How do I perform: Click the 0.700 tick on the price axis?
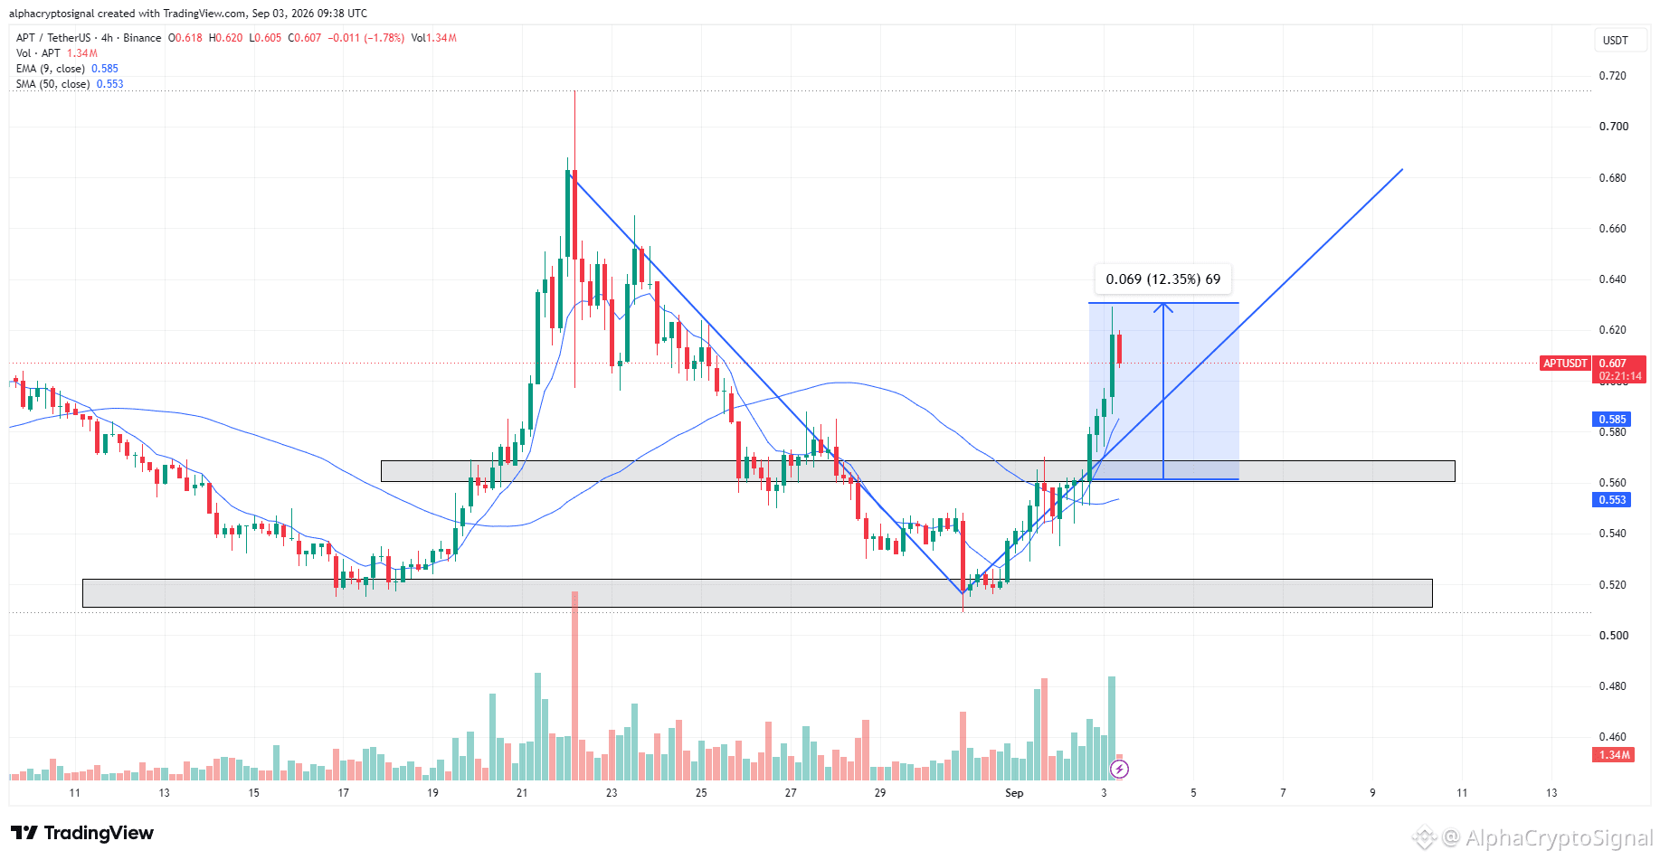coord(1613,127)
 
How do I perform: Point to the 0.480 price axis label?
coord(1613,686)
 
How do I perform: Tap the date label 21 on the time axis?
coord(522,793)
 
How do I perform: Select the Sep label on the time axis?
coord(1014,793)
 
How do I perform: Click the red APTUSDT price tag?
coord(1565,364)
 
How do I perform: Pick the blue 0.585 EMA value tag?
coord(1611,420)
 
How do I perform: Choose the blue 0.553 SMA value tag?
coord(1611,500)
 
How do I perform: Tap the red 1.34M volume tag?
coord(1613,755)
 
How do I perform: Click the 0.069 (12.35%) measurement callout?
coord(1163,279)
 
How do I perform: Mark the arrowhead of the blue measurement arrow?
coord(1163,305)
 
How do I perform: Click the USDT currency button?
coord(1616,41)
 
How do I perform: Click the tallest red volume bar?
coord(574,685)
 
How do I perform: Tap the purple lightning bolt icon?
coord(1119,770)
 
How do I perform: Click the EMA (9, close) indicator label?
coord(51,69)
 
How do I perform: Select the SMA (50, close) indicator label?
coord(52,84)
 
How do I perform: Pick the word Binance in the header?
coord(142,38)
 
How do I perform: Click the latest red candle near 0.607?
coord(1119,349)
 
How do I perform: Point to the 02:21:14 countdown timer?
coord(1619,376)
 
